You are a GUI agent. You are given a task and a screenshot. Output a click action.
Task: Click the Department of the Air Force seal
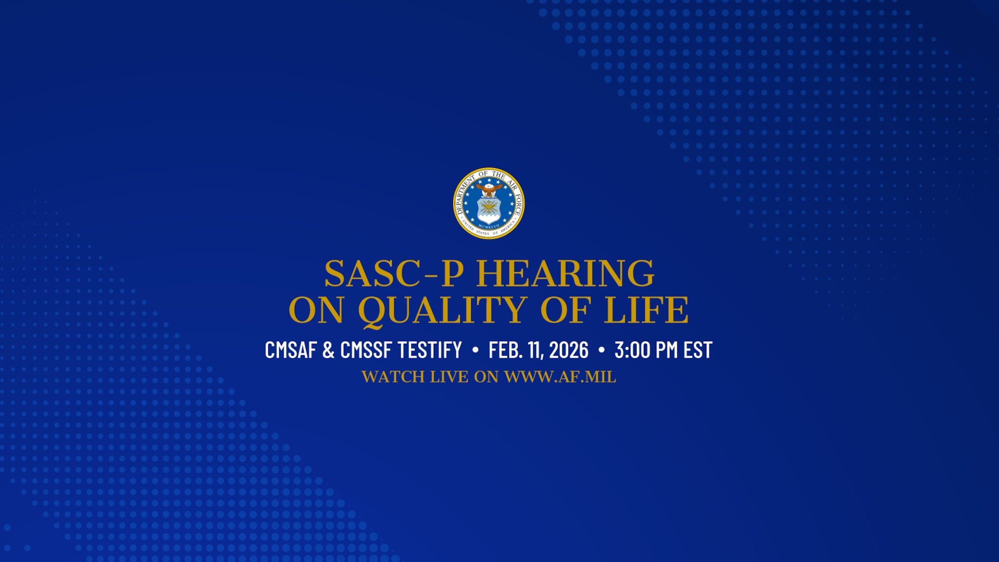(x=489, y=203)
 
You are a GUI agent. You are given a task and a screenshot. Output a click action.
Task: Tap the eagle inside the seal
(x=489, y=190)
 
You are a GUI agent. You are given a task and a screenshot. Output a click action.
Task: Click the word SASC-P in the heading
(x=394, y=274)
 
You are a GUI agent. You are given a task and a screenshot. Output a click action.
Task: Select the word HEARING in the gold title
(x=565, y=274)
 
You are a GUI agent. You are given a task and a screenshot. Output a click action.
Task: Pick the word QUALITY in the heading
(x=442, y=310)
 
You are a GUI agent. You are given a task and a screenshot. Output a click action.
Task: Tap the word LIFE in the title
(x=646, y=310)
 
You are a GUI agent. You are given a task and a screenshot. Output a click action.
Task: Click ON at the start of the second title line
(x=316, y=310)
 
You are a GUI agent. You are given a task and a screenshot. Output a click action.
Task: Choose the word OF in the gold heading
(x=565, y=310)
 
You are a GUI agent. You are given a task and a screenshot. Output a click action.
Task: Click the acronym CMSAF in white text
(x=291, y=350)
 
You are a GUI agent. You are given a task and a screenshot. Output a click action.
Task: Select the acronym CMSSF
(x=366, y=350)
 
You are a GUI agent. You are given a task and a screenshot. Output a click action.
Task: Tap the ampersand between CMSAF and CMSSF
(x=328, y=350)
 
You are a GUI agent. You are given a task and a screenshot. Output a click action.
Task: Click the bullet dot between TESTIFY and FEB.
(x=475, y=350)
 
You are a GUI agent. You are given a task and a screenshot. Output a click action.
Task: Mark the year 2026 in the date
(x=569, y=350)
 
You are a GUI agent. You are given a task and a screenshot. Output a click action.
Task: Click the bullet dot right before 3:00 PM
(x=601, y=350)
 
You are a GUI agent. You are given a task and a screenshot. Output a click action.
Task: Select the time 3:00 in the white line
(x=632, y=350)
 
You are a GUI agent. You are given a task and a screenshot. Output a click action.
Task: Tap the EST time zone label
(x=698, y=350)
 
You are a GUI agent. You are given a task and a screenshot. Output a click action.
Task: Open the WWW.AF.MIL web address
(x=560, y=377)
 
